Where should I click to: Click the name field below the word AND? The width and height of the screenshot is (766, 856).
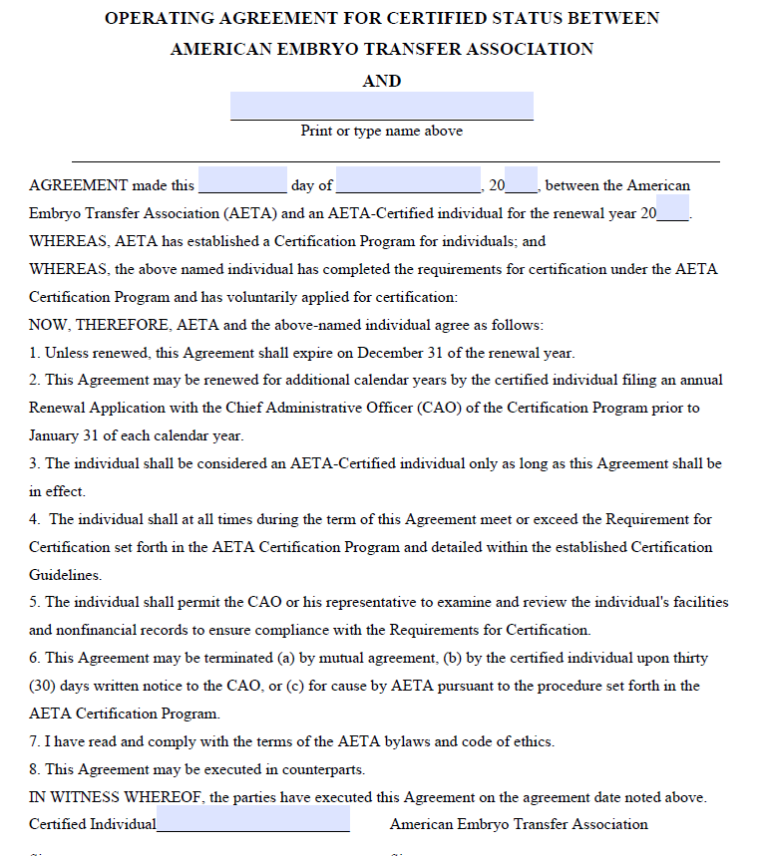coord(382,106)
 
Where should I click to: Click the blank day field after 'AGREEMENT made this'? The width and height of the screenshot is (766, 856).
coord(242,180)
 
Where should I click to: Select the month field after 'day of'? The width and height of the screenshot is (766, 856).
coord(408,180)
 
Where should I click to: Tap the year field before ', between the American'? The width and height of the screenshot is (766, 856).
coord(522,180)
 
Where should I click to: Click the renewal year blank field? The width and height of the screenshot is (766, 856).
coord(673,209)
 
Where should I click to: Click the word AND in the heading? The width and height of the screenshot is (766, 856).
coord(382,81)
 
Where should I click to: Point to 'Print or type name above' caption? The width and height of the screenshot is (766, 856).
coord(382,131)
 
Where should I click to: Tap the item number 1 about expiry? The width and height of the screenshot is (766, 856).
coord(34,353)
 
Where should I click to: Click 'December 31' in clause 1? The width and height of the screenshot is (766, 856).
coord(398,353)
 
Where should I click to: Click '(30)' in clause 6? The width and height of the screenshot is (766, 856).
coord(45,686)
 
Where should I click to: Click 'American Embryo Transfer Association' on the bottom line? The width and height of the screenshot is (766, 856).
coord(519,824)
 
